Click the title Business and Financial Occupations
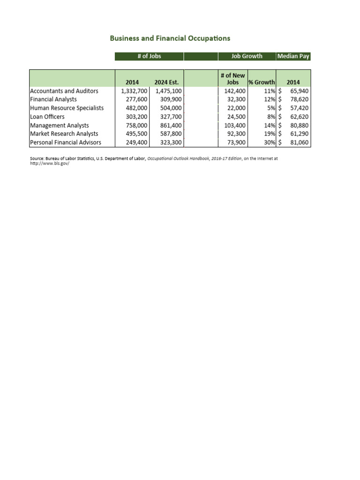pyautogui.click(x=170, y=38)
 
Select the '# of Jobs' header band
pyautogui.click(x=149, y=56)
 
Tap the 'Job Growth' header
pyautogui.click(x=247, y=56)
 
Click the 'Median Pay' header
pyautogui.click(x=293, y=56)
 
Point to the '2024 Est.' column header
pyautogui.click(x=166, y=82)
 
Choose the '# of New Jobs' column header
pyautogui.click(x=232, y=79)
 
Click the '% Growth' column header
pyautogui.click(x=262, y=82)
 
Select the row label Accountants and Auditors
pyautogui.click(x=64, y=91)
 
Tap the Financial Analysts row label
pyautogui.click(x=53, y=99)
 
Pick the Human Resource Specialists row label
pyautogui.click(x=67, y=108)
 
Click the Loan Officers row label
pyautogui.click(x=47, y=117)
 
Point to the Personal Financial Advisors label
pyautogui.click(x=65, y=142)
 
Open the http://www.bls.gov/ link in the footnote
pyautogui.click(x=46, y=164)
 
